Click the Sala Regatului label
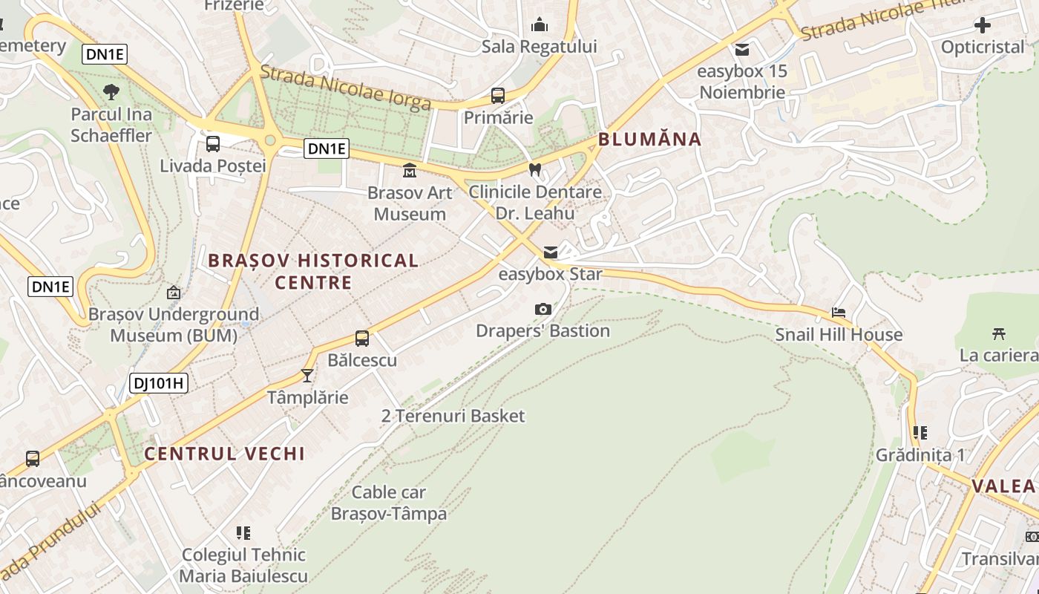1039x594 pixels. coord(539,47)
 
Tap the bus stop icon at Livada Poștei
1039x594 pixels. coord(213,144)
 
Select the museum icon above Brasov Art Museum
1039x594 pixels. coord(409,171)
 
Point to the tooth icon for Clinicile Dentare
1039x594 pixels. coord(534,169)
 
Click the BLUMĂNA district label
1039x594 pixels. coord(649,139)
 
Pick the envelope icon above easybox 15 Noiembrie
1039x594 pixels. coord(741,50)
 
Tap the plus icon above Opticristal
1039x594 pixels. coord(982,26)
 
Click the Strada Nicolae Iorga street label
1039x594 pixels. coord(346,88)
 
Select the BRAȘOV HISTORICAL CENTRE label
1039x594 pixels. coord(313,271)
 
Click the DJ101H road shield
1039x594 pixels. coord(158,383)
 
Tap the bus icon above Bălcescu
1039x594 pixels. coord(362,339)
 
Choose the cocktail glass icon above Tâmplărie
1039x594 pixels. coord(307,376)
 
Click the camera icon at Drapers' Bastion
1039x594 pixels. coord(543,309)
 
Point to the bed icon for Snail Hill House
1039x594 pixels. coord(839,313)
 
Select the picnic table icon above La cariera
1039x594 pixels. coord(998,333)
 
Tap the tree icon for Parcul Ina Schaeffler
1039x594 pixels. coord(111,92)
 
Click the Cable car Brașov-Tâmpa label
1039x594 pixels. coord(389,503)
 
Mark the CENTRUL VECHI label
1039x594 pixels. coord(225,454)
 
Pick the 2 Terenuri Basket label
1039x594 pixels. coord(453,416)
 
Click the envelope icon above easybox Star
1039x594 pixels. coord(551,252)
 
